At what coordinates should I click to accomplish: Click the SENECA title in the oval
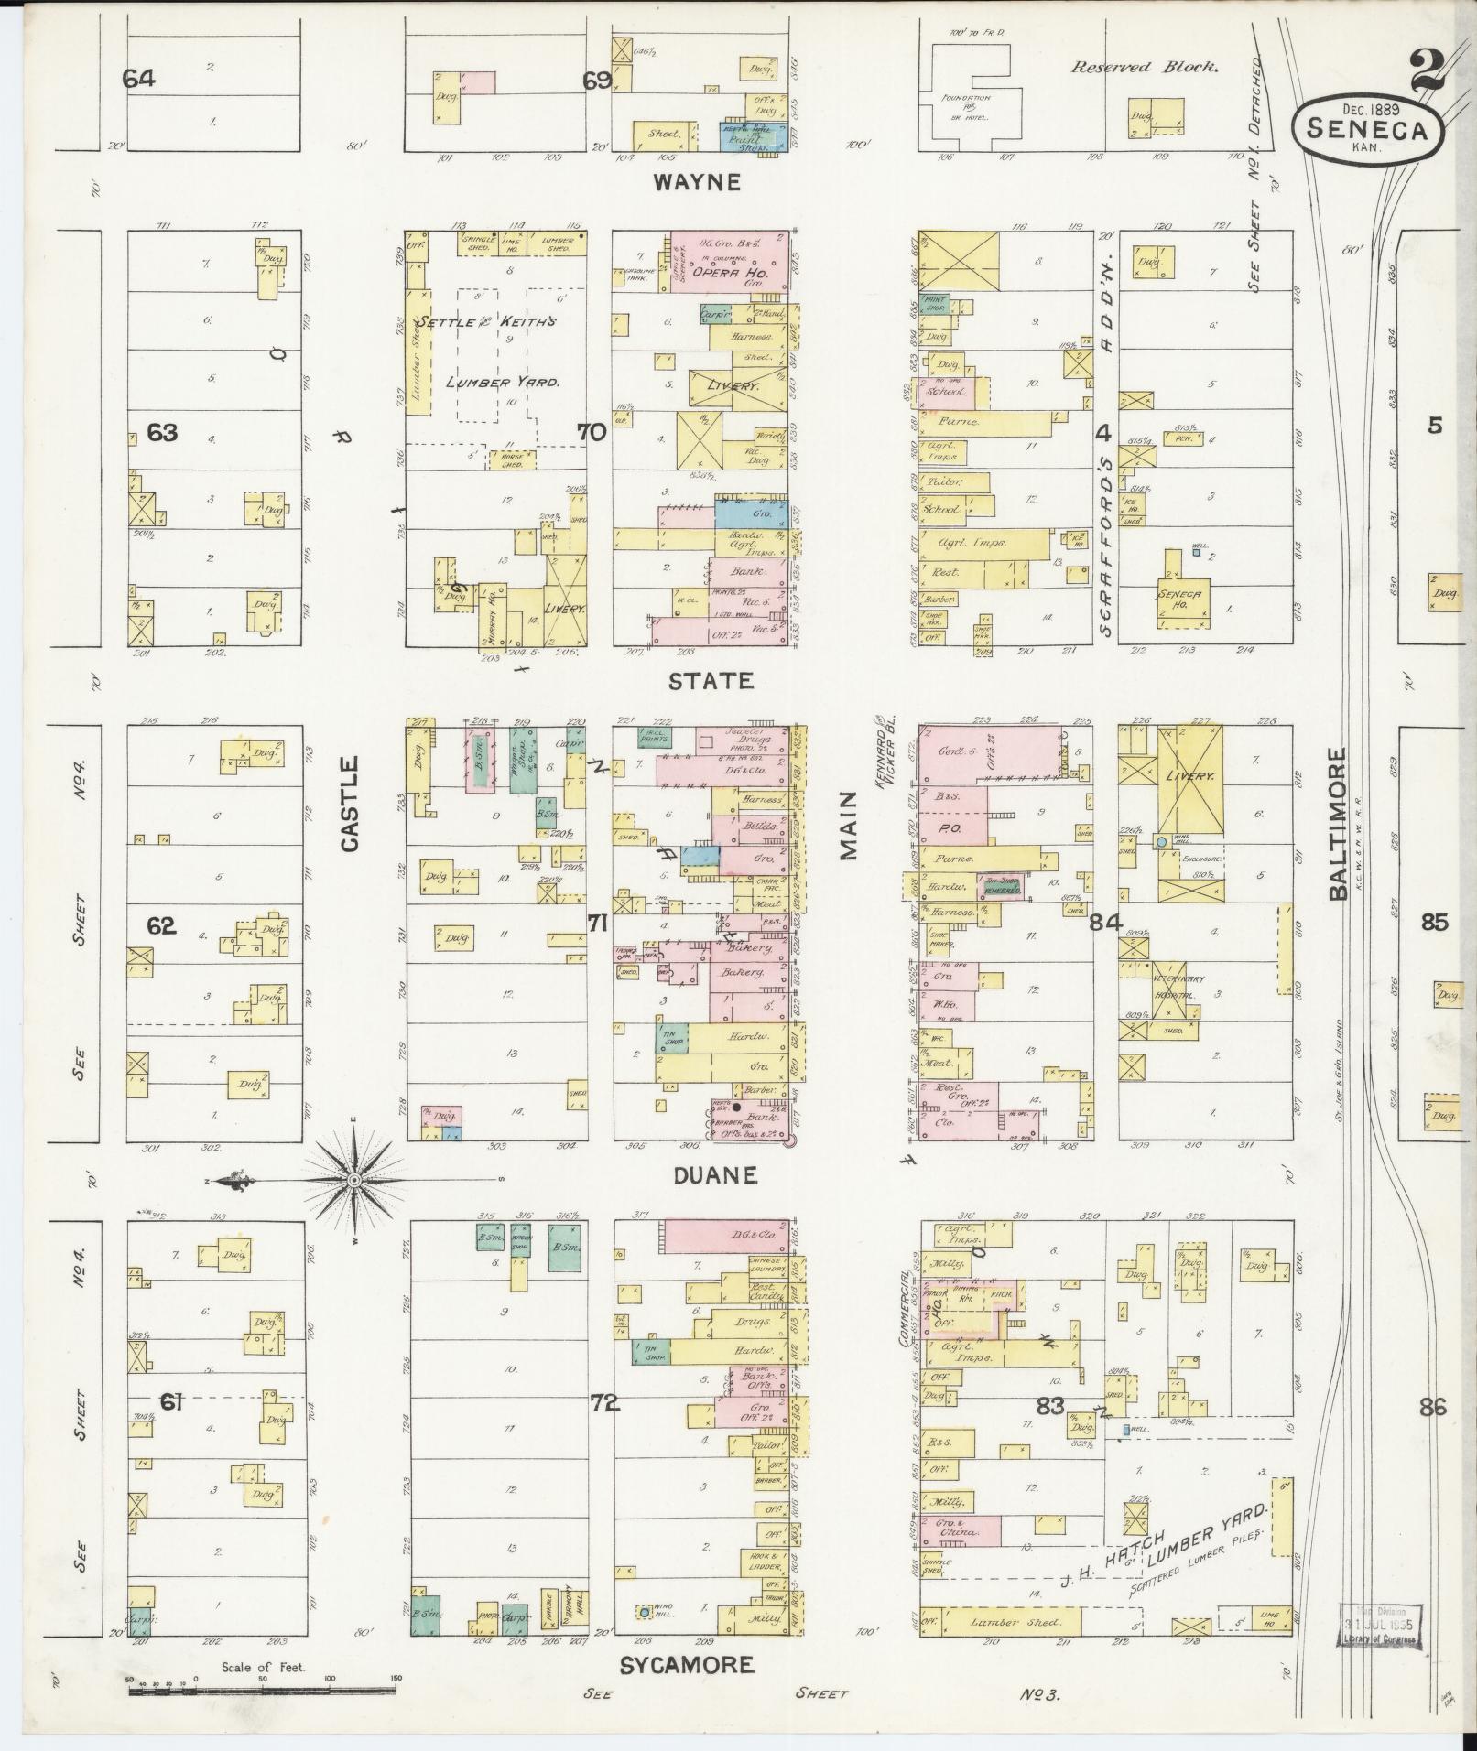click(1367, 130)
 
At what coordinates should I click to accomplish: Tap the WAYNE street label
click(696, 182)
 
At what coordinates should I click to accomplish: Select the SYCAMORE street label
click(687, 1665)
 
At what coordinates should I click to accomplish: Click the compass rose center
click(354, 1181)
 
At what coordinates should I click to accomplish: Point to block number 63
click(162, 432)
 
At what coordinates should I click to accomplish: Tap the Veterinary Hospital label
click(1172, 986)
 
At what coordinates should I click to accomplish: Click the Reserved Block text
click(1145, 67)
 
